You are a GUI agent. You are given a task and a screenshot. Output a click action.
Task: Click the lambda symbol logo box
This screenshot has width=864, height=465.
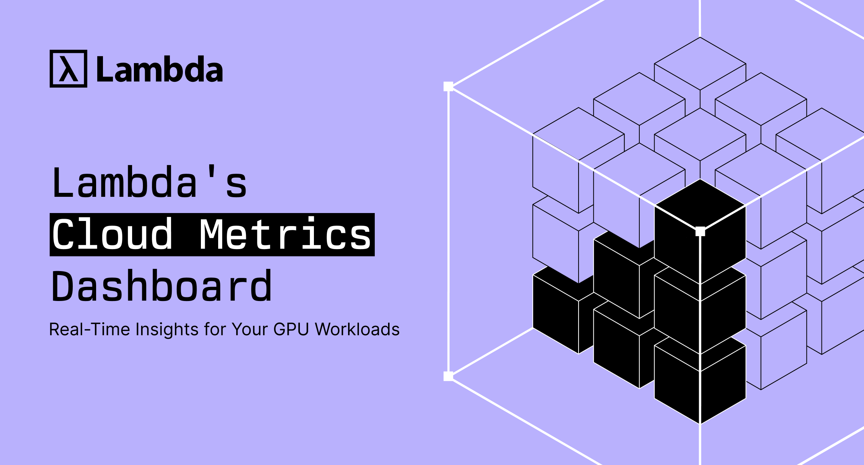tap(68, 68)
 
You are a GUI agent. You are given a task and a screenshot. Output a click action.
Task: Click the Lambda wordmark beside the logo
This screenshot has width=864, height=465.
tap(160, 69)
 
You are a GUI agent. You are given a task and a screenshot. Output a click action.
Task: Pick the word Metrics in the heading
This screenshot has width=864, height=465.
tap(285, 235)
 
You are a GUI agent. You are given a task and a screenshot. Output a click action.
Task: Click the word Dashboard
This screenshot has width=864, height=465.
tap(162, 286)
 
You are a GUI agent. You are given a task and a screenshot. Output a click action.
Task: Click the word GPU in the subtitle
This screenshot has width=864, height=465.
tap(291, 329)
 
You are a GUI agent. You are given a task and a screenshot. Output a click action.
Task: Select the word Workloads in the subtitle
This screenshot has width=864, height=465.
tap(357, 329)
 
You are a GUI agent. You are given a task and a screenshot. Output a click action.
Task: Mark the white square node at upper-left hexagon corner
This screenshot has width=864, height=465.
tap(448, 87)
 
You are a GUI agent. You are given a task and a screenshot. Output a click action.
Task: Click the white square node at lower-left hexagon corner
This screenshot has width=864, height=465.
tap(448, 376)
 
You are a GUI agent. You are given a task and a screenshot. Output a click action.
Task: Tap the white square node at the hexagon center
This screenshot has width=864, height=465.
tap(700, 231)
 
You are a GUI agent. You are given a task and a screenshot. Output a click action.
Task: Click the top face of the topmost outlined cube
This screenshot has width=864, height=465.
tap(700, 63)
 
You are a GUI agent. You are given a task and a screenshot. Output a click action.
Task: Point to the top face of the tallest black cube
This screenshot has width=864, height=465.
tap(700, 205)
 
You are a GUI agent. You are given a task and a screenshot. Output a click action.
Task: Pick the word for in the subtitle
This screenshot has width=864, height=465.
tap(215, 329)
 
